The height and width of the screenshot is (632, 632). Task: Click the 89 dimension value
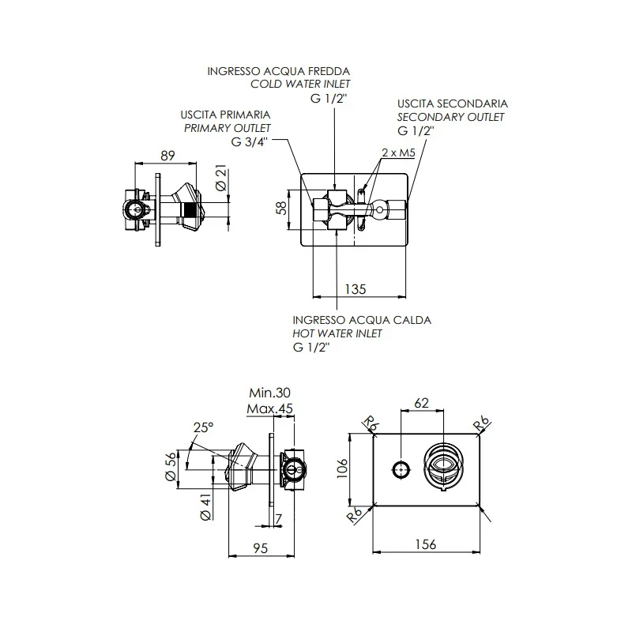coord(167,156)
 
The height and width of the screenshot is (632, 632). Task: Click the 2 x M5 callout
coord(398,152)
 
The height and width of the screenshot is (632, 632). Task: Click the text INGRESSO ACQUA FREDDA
coord(278,71)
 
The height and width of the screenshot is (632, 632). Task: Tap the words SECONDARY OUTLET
coord(451,117)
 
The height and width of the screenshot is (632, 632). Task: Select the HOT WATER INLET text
coord(337,333)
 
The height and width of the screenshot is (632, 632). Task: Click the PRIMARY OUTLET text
coord(228,128)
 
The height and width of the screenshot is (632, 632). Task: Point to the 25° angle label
coord(203,427)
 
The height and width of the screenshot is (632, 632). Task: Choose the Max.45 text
coord(271,408)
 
